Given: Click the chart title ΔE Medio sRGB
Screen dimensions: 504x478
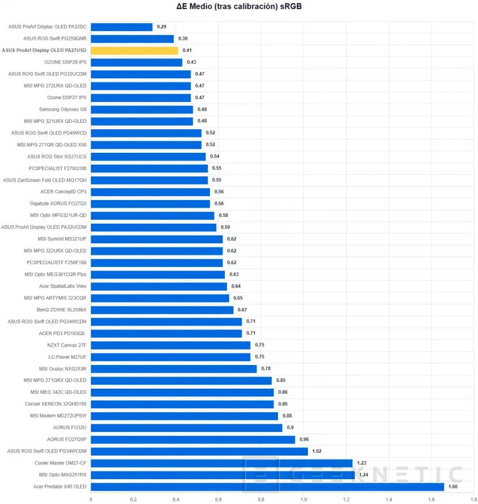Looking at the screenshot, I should click(x=239, y=7).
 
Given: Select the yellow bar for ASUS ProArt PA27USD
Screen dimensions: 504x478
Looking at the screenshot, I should click(x=134, y=51).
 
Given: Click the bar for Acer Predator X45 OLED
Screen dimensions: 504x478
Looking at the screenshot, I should click(x=267, y=487).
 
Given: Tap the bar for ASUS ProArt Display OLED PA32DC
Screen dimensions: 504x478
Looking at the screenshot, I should click(x=122, y=27).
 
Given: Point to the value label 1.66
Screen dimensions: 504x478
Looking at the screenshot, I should click(x=453, y=487).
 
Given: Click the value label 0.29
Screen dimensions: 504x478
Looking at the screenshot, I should click(x=161, y=27).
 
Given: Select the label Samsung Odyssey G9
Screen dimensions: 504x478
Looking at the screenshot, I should click(x=63, y=110).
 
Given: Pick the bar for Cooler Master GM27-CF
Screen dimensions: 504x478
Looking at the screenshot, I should click(x=221, y=463).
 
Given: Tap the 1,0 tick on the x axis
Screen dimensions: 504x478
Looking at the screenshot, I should click(x=303, y=499).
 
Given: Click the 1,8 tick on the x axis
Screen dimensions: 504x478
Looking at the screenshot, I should click(x=473, y=499).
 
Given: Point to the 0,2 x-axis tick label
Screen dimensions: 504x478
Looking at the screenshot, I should click(x=133, y=499).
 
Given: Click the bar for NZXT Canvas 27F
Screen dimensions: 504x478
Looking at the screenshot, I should click(x=170, y=345).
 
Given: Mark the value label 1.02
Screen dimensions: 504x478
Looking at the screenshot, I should click(x=317, y=452).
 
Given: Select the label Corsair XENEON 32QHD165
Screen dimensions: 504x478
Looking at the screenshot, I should click(x=56, y=404).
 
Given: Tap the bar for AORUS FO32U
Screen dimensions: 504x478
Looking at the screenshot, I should click(x=186, y=428).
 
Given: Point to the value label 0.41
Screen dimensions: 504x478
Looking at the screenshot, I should click(x=187, y=51).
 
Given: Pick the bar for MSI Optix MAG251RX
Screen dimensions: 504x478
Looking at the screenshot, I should click(x=223, y=475).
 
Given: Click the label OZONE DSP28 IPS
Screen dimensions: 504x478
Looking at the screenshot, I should click(x=65, y=62).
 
